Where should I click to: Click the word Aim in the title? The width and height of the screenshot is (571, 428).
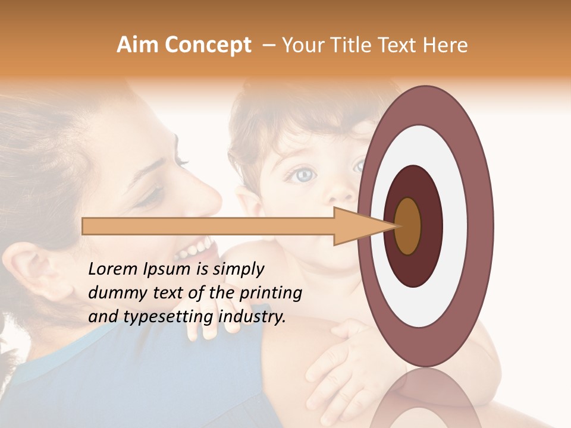coord(137,45)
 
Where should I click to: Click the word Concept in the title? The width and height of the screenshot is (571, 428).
coord(207,45)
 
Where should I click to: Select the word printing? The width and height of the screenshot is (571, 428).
coord(270,294)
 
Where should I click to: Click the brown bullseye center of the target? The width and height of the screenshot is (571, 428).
coord(408,226)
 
